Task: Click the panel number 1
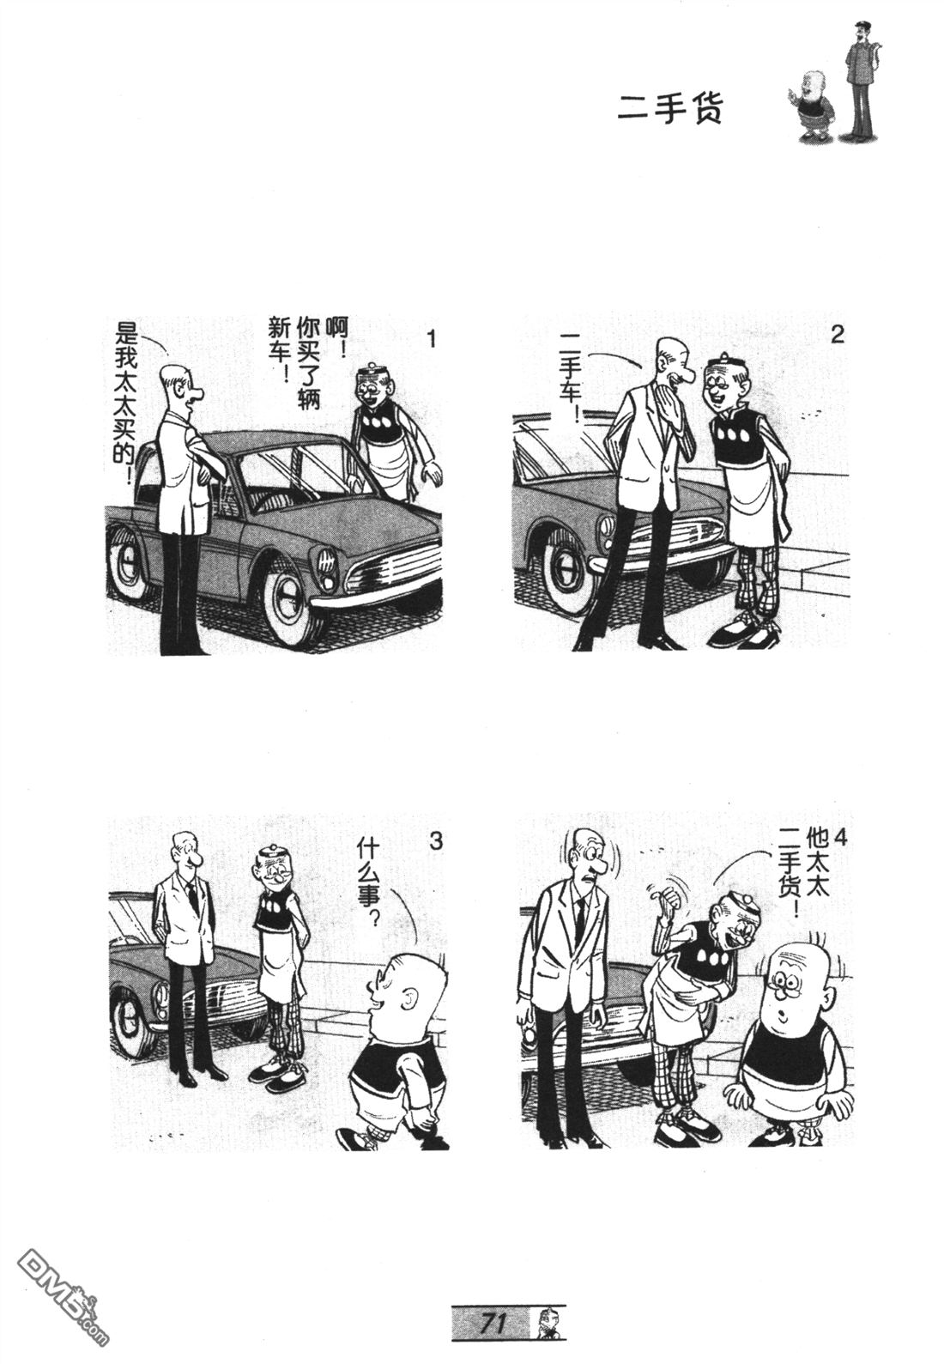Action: (x=431, y=338)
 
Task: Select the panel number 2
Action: (x=838, y=335)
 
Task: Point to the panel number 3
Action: (x=436, y=843)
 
